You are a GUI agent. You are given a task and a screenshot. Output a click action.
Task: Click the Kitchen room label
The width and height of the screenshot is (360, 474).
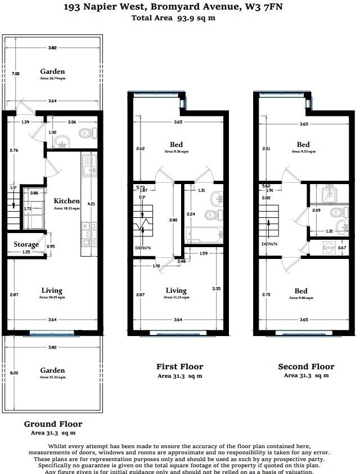(x=66, y=201)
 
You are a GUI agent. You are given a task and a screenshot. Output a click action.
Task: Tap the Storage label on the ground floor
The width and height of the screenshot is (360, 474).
(x=26, y=244)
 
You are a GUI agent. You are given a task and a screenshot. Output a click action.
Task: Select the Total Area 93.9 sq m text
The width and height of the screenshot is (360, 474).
(x=173, y=18)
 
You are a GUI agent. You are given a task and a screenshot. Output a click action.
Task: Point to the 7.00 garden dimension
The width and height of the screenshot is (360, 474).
(x=16, y=74)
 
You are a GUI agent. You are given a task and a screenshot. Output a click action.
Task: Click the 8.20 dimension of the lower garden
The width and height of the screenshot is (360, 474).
(x=16, y=373)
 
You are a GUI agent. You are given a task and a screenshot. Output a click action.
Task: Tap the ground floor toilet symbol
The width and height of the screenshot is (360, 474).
(x=86, y=133)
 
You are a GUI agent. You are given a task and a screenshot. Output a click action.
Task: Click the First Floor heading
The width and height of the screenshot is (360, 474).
(x=179, y=366)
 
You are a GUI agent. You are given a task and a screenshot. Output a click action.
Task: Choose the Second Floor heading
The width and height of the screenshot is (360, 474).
(x=306, y=366)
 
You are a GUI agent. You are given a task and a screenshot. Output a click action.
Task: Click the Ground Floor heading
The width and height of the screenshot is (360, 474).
(x=53, y=424)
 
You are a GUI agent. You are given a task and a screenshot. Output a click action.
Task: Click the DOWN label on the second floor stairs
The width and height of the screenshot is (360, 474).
(x=269, y=244)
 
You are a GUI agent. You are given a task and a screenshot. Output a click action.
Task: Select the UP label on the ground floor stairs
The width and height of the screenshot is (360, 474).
(x=13, y=187)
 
